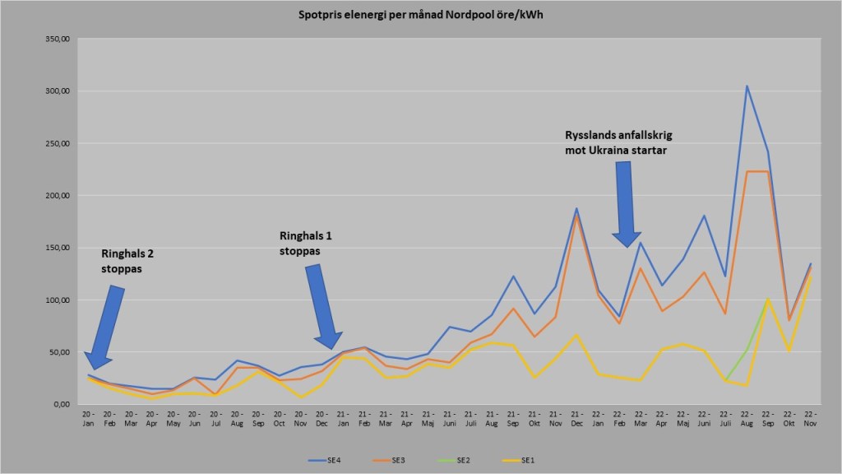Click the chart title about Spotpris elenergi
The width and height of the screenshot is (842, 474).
coord(420,16)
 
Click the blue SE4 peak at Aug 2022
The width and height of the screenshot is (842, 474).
coord(747,86)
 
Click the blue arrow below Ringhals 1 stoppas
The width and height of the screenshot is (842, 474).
coord(322,306)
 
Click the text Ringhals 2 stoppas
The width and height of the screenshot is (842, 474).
coord(127,260)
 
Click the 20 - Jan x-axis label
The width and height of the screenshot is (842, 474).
coord(89,418)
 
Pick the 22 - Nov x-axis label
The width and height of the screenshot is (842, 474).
coord(810,418)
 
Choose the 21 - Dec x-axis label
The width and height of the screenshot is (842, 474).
coord(578,418)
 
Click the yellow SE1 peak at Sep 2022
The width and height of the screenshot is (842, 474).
coord(768,299)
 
